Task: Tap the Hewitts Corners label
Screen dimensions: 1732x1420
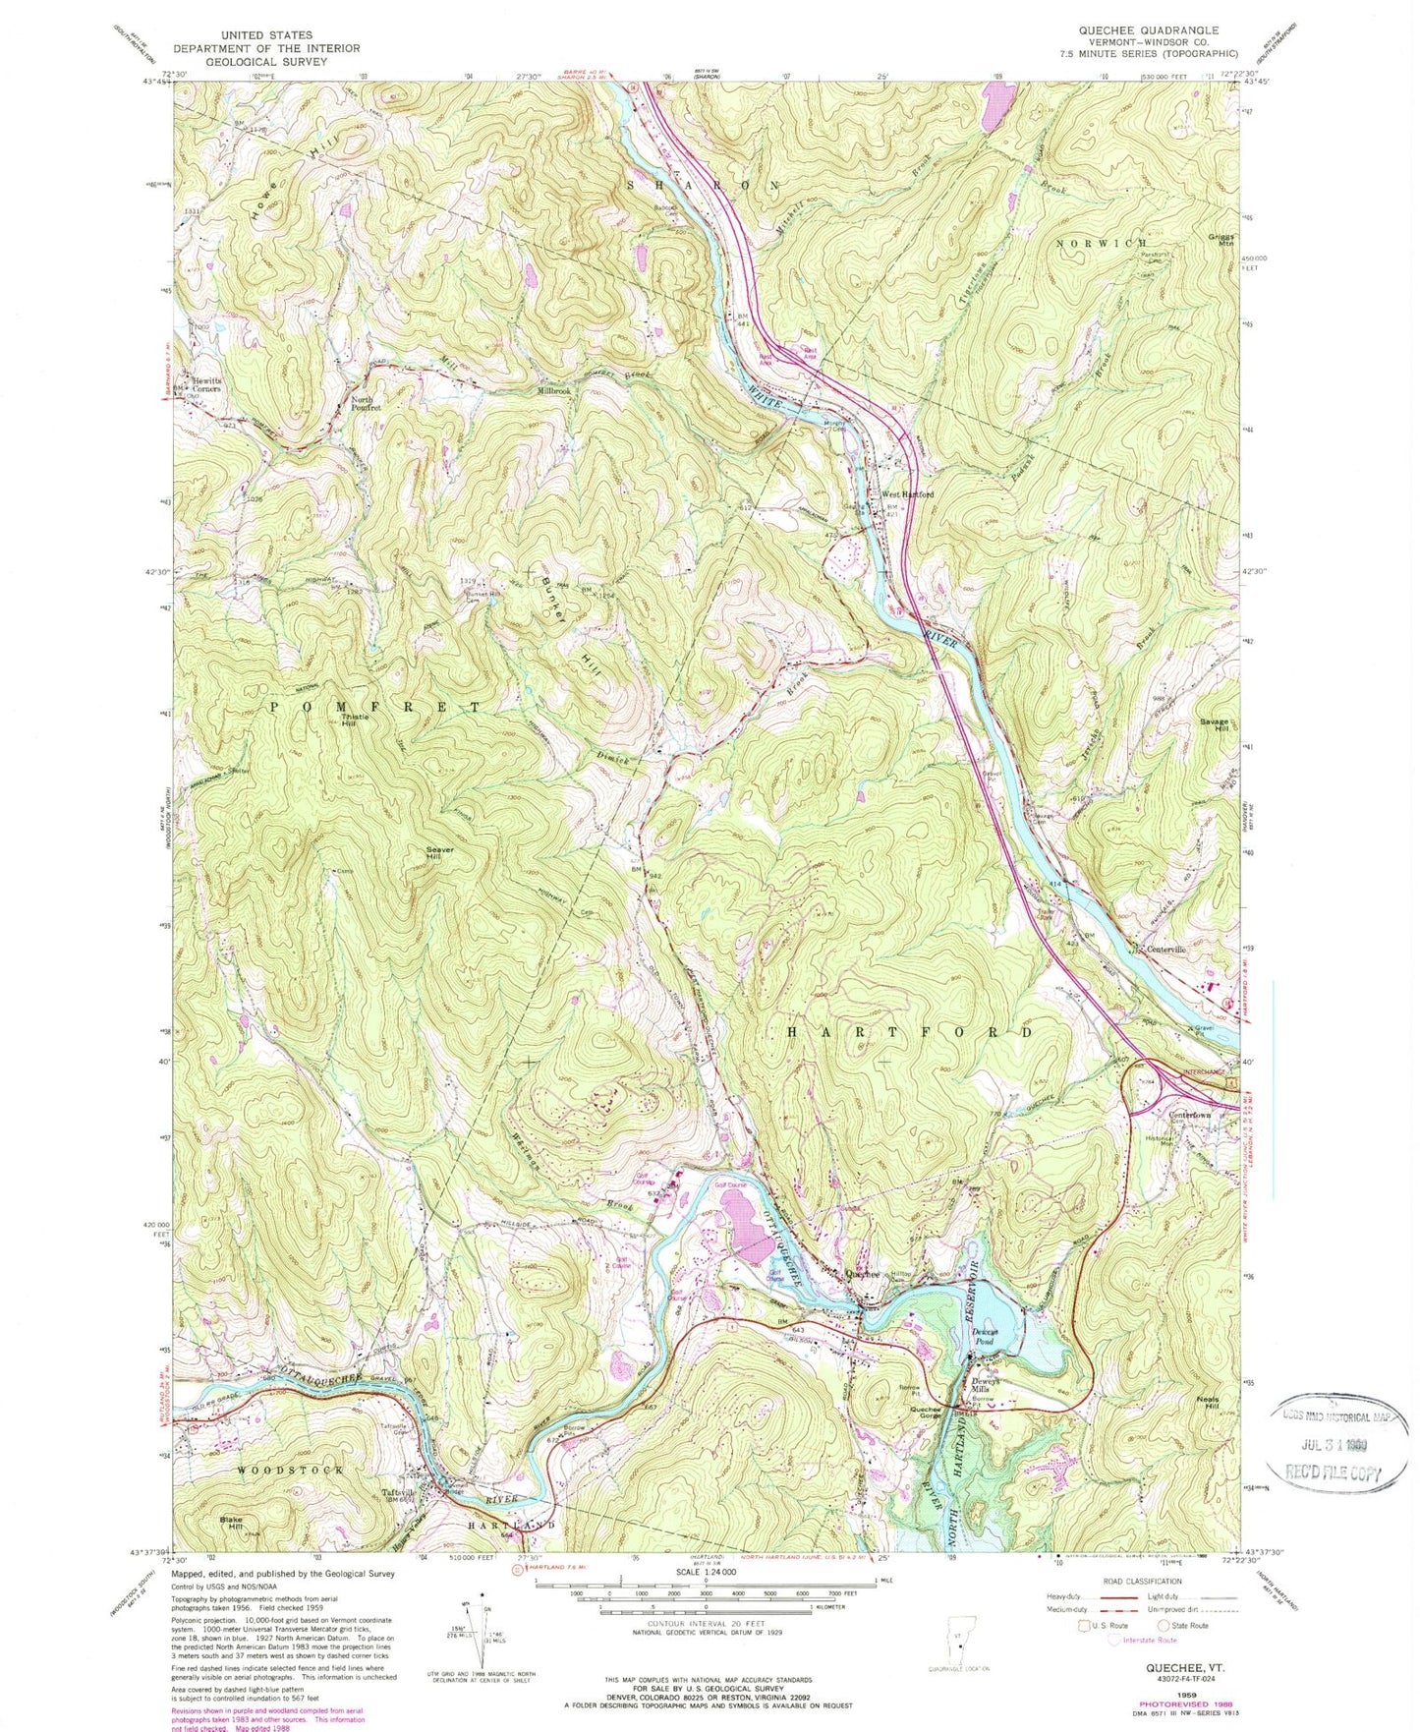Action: [206, 383]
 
